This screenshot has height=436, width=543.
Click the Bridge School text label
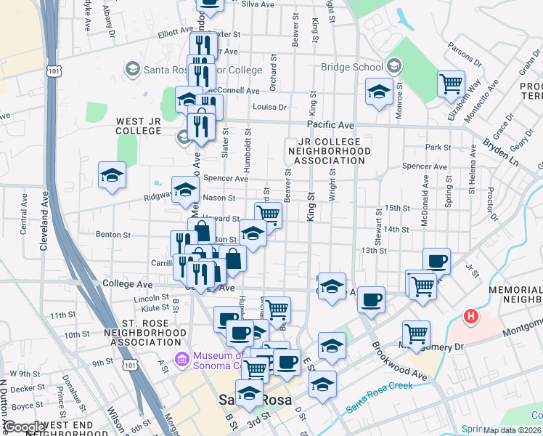tap(352, 67)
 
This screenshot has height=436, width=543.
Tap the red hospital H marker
tap(471, 317)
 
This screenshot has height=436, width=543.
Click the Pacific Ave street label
tap(330, 125)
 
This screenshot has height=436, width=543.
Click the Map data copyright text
tap(512, 430)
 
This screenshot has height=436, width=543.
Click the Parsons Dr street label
tap(461, 54)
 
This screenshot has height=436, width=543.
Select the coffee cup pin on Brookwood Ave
tap(372, 299)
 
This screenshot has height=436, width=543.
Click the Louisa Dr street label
tap(269, 107)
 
